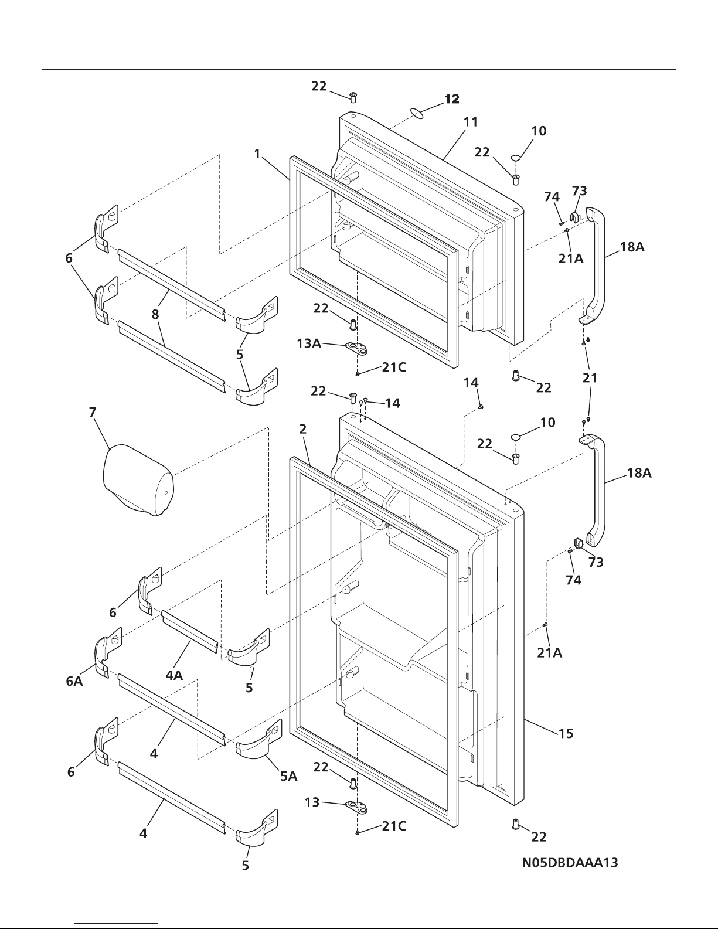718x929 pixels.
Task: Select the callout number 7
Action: pyautogui.click(x=93, y=412)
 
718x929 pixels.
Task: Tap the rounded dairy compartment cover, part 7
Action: pyautogui.click(x=138, y=479)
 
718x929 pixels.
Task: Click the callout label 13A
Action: pyautogui.click(x=308, y=343)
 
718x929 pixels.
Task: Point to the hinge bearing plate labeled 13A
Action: pyautogui.click(x=357, y=349)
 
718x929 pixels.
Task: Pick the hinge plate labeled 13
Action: pyautogui.click(x=357, y=808)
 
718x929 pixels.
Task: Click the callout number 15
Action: pyautogui.click(x=566, y=734)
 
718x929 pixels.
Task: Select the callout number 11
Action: pyautogui.click(x=471, y=122)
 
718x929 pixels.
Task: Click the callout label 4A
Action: pyautogui.click(x=174, y=675)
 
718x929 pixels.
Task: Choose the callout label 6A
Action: pyautogui.click(x=74, y=681)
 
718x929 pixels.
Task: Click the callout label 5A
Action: pyautogui.click(x=288, y=776)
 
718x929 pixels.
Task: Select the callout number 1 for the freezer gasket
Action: pyautogui.click(x=257, y=154)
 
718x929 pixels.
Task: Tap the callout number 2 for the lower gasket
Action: pyautogui.click(x=302, y=429)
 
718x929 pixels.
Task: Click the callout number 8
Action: pyautogui.click(x=155, y=315)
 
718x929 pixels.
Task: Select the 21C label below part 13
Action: pyautogui.click(x=394, y=826)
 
